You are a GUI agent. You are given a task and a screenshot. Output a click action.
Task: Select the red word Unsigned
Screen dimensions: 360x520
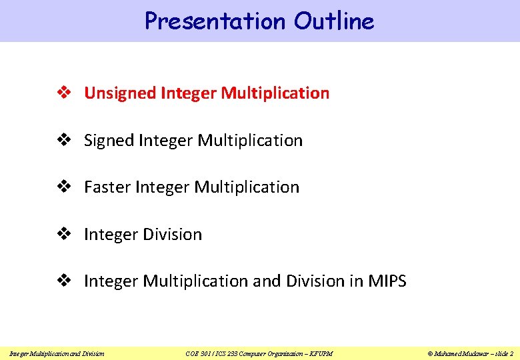pos(120,93)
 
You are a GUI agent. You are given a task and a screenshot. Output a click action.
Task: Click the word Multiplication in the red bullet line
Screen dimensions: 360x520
pos(275,93)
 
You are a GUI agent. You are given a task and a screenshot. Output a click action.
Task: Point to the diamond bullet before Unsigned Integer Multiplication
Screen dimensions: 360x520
pos(67,93)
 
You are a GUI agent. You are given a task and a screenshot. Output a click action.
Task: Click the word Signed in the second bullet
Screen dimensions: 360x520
pos(109,141)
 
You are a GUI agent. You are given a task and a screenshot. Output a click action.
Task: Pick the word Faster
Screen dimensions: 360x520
pos(107,187)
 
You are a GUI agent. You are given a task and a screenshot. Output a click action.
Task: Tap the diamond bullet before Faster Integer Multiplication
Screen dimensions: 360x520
pos(67,187)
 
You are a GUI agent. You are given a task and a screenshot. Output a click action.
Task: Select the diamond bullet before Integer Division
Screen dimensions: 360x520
pos(67,235)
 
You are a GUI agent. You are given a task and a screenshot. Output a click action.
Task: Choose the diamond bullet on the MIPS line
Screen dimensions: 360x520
pos(67,281)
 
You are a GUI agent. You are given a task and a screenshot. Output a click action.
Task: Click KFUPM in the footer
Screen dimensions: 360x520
pos(321,353)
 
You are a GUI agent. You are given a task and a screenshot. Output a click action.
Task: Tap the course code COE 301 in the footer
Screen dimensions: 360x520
pos(198,353)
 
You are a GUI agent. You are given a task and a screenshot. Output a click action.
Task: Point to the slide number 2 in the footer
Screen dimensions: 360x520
pos(511,353)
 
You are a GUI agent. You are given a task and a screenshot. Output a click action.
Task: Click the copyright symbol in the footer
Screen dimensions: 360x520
pos(430,353)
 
